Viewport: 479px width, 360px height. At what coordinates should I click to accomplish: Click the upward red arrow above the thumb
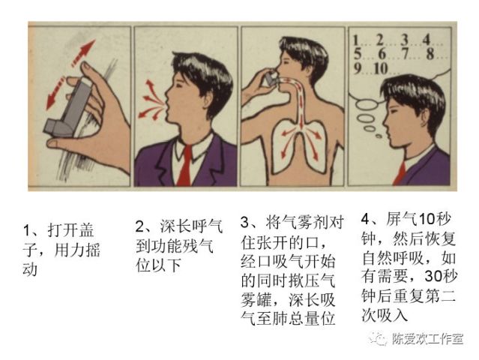pos(83,52)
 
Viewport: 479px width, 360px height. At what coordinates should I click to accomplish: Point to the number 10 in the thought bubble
pos(380,69)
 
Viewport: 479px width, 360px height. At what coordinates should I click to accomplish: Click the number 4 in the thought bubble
pos(427,40)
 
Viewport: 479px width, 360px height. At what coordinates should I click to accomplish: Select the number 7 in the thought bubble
pos(405,54)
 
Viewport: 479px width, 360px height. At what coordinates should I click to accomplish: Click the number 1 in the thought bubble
pos(355,40)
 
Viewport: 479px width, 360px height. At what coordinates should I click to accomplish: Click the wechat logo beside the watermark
pos(378,338)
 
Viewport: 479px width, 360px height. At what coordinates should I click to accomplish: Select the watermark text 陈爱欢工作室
pos(427,339)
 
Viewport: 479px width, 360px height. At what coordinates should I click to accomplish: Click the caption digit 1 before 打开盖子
pos(26,230)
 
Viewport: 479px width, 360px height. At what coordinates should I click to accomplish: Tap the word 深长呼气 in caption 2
pos(191,226)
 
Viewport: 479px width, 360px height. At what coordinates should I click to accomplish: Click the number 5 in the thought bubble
pos(357,54)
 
